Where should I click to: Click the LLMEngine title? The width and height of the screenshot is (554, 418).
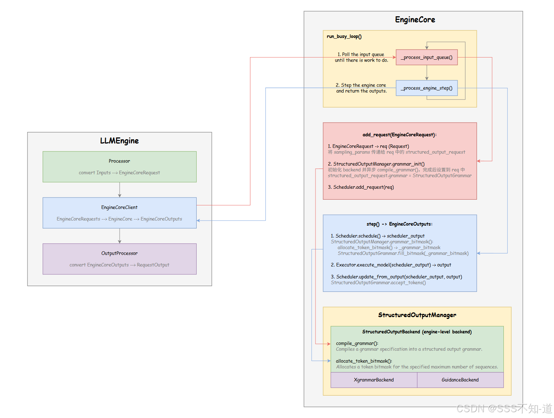click(x=119, y=141)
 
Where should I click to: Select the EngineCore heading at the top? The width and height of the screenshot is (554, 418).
click(x=415, y=20)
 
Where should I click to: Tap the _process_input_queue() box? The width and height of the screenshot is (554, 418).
click(x=426, y=57)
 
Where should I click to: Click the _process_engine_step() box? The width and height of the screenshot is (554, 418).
click(x=426, y=88)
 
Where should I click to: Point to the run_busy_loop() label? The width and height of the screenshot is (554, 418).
click(x=344, y=37)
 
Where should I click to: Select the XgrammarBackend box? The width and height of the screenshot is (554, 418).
click(x=374, y=380)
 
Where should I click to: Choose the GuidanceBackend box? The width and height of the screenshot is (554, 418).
click(x=460, y=380)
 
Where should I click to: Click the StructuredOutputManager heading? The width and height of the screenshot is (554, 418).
click(x=417, y=315)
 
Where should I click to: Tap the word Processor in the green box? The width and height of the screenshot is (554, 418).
click(x=119, y=161)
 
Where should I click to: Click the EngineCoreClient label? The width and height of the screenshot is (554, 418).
click(x=119, y=207)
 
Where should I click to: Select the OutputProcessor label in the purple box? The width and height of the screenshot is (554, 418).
click(x=119, y=253)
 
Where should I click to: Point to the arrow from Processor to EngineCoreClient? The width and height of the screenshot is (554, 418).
click(x=120, y=190)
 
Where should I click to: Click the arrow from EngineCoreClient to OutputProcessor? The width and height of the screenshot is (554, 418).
click(x=120, y=236)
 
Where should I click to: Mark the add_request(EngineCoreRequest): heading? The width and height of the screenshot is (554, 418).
click(x=399, y=135)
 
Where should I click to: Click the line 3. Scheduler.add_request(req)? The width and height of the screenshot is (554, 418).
click(x=361, y=187)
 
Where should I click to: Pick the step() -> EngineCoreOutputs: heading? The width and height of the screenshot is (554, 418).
click(x=399, y=224)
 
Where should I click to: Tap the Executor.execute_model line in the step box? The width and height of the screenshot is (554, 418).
click(x=391, y=265)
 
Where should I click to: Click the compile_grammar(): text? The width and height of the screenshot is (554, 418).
click(x=357, y=343)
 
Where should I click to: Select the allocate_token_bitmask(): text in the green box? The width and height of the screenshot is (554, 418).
click(x=364, y=361)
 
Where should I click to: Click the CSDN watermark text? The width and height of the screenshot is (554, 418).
click(x=504, y=409)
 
